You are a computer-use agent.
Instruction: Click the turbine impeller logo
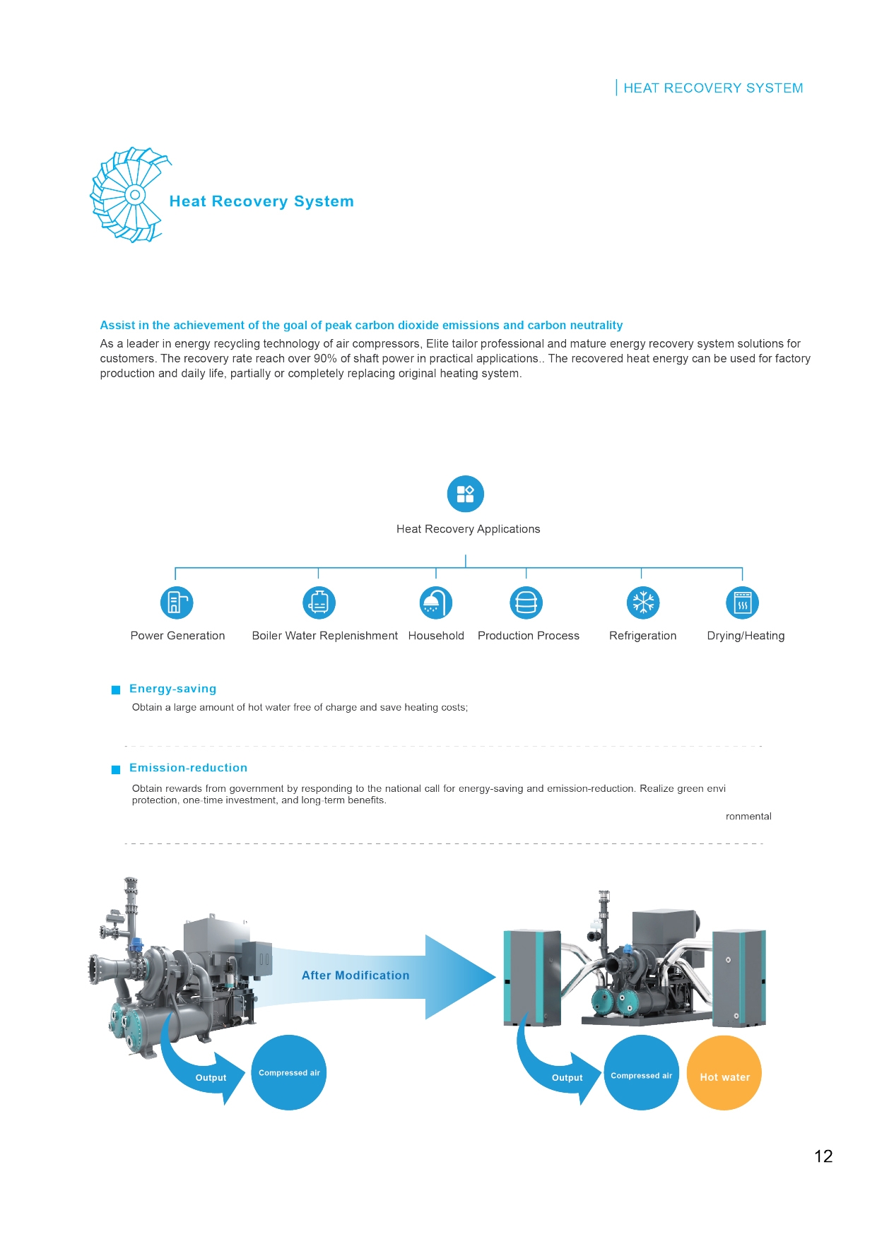131,195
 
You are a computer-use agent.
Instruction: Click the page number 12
823,1156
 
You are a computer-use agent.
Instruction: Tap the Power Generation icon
177,603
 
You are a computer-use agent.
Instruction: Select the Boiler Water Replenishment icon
319,603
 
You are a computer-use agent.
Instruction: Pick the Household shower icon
435,603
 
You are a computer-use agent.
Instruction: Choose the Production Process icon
526,603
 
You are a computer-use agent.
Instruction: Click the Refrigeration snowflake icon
643,603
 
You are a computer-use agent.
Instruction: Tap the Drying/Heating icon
742,603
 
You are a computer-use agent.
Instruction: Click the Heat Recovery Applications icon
466,494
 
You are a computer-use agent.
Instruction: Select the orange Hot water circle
724,1072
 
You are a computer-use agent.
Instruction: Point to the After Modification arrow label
355,976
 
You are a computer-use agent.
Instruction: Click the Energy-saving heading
172,689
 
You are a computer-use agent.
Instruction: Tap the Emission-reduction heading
188,768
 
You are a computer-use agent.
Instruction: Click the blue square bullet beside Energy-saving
116,690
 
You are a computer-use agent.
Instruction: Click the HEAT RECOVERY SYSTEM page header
713,88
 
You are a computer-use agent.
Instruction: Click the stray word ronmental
748,817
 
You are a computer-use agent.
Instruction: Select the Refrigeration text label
642,636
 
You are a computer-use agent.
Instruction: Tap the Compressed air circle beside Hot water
641,1072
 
